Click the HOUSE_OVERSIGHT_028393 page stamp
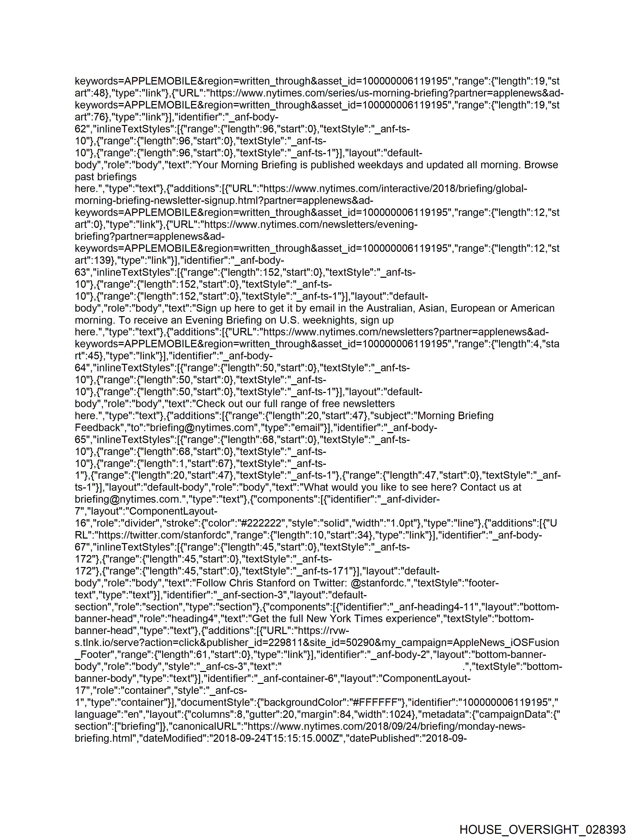(x=542, y=829)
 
